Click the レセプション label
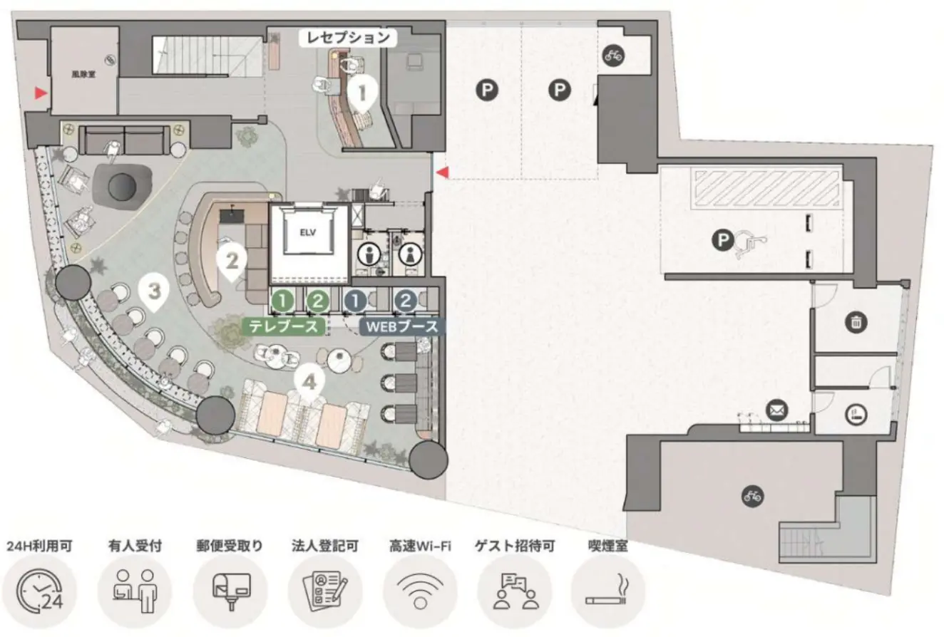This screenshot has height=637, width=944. [x=348, y=38]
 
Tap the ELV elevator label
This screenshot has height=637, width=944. [x=307, y=232]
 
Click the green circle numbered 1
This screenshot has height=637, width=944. [x=283, y=301]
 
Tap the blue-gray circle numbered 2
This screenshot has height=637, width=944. [x=406, y=301]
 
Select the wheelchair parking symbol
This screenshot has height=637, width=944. [x=751, y=244]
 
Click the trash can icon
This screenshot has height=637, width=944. [x=856, y=323]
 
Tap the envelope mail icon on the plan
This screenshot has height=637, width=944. [x=777, y=410]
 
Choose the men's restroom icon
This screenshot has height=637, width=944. [x=369, y=254]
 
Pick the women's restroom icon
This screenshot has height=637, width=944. [x=411, y=254]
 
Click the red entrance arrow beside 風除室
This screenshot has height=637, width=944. [x=41, y=93]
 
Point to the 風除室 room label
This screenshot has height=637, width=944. [x=83, y=75]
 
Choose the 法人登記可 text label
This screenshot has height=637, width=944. [x=324, y=546]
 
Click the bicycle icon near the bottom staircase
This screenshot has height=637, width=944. [x=752, y=496]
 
